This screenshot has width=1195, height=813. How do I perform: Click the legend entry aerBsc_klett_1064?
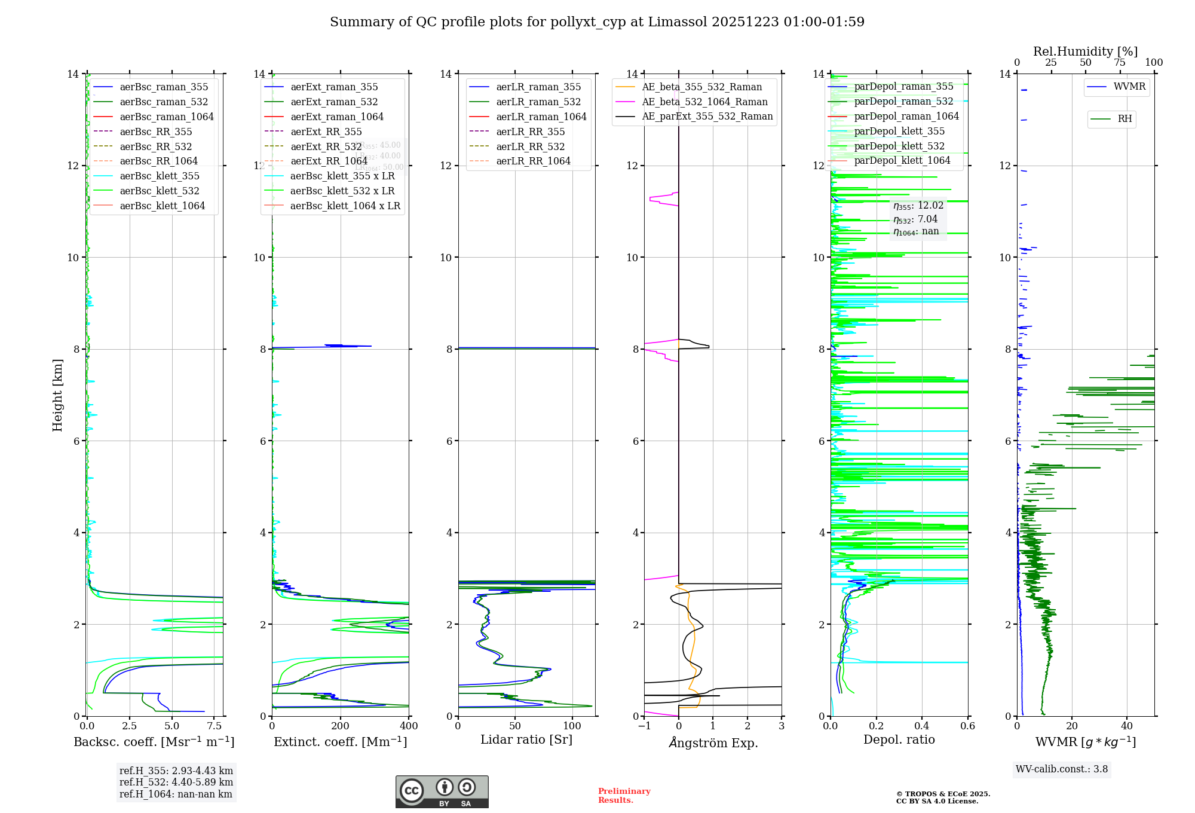162,206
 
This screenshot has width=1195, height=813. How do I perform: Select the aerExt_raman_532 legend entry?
334,102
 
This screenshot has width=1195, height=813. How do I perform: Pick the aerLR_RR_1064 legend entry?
533,161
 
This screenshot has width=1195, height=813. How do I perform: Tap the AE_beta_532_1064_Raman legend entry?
704,102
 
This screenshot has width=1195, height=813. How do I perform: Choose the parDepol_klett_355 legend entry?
899,131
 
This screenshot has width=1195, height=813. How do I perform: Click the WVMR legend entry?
1129,87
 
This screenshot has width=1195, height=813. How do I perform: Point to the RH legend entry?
1124,119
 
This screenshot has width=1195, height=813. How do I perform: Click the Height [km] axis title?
57,395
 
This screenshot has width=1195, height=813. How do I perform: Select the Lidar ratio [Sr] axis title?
526,739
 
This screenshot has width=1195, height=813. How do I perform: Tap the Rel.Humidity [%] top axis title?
1085,51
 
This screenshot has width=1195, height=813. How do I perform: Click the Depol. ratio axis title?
899,739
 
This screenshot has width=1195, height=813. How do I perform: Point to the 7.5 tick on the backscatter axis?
215,726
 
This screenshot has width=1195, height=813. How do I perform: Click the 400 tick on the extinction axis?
409,726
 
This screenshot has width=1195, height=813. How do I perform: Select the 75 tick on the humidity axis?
1120,63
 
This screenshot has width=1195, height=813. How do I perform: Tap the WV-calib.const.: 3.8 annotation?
1062,769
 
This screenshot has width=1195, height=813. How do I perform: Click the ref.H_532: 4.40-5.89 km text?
176,782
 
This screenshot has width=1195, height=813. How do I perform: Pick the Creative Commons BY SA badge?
442,791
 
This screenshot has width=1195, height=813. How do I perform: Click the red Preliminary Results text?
624,795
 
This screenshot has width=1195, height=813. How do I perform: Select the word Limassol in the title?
683,22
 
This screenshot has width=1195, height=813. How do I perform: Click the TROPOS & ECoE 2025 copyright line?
943,794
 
